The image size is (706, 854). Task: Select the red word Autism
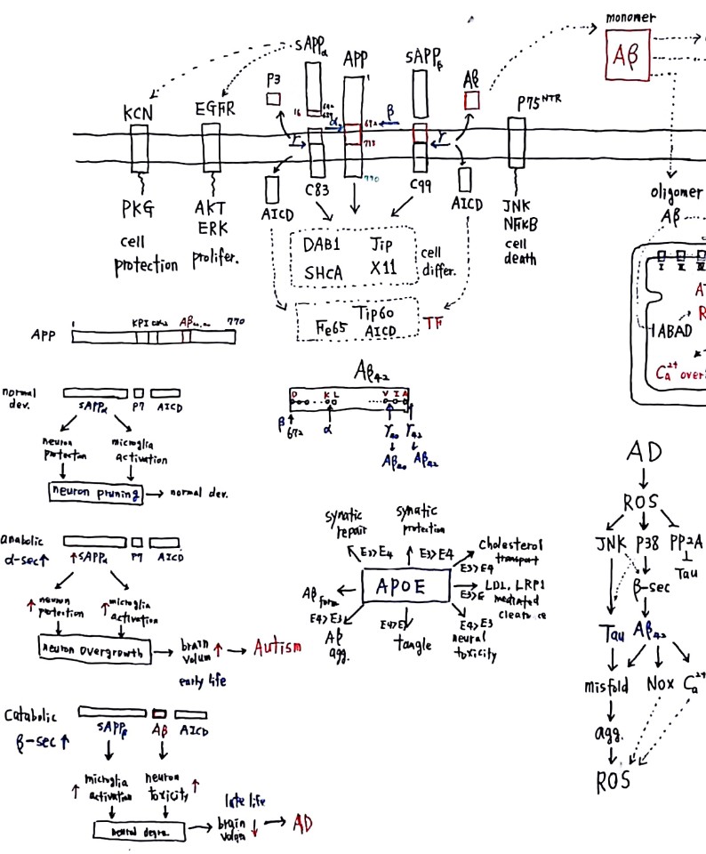[277, 646]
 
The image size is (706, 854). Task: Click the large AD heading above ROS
[643, 452]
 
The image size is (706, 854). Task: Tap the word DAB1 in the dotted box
[320, 241]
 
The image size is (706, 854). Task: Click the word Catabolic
[31, 715]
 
